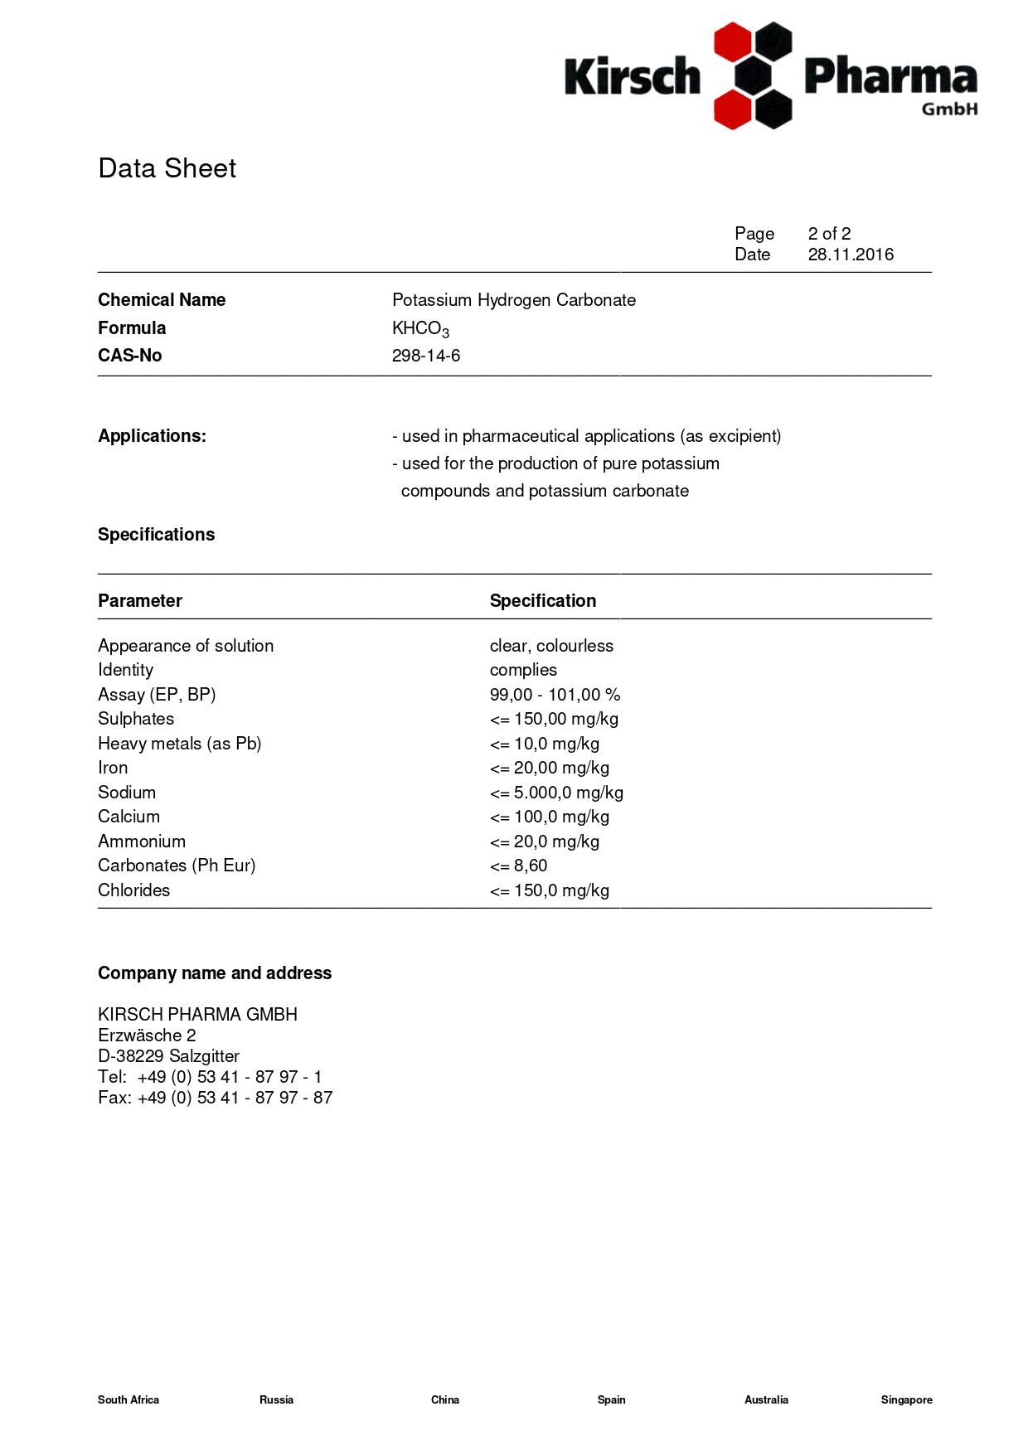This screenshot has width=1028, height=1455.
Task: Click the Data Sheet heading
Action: [167, 168]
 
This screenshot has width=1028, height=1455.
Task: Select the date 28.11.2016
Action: [851, 255]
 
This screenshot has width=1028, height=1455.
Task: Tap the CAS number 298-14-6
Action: [426, 356]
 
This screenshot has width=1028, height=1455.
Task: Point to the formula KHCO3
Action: [420, 329]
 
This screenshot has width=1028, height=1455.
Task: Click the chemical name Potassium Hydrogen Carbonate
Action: [514, 300]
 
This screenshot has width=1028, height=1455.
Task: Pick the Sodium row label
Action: [127, 793]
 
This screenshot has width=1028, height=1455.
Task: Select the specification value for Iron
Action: [550, 768]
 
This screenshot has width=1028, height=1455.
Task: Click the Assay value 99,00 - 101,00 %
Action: [555, 695]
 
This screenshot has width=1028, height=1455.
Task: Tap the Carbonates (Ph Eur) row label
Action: [177, 866]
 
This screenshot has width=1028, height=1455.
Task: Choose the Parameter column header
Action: [140, 601]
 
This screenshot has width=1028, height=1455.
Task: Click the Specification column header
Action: [543, 601]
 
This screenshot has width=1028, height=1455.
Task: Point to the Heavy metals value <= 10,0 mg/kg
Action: [545, 744]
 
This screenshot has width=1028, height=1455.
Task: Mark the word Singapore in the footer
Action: [906, 1399]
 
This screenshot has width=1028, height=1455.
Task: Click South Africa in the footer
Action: [128, 1399]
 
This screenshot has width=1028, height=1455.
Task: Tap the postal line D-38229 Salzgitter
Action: [168, 1056]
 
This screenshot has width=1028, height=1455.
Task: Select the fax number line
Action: [216, 1098]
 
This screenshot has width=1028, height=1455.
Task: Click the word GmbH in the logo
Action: [950, 109]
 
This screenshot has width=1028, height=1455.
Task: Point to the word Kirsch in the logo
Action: [633, 76]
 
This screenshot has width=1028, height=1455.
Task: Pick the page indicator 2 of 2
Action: [829, 234]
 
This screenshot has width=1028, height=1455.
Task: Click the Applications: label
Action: [152, 436]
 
